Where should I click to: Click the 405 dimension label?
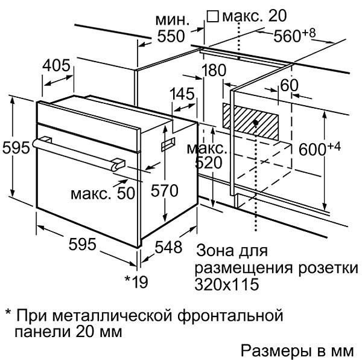click(x=56, y=65)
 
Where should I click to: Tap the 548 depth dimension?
click(x=168, y=247)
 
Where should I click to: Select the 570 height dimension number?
click(x=164, y=191)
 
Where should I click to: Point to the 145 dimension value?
click(x=182, y=94)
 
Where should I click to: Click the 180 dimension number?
click(x=214, y=70)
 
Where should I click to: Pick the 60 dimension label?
click(x=289, y=85)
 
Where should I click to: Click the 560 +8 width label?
click(x=294, y=36)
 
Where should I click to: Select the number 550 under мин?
click(x=171, y=36)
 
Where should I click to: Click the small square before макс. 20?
click(x=212, y=17)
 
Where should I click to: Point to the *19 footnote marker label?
click(x=136, y=282)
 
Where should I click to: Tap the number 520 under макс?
click(x=209, y=162)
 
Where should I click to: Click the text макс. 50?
click(x=103, y=193)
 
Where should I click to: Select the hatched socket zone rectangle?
click(x=250, y=121)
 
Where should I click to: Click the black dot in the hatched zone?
click(x=256, y=123)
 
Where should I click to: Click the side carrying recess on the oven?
click(x=168, y=144)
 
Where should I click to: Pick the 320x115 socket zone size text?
click(x=226, y=284)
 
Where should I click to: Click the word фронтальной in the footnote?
click(x=230, y=316)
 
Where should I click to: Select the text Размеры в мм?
click(x=297, y=351)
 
